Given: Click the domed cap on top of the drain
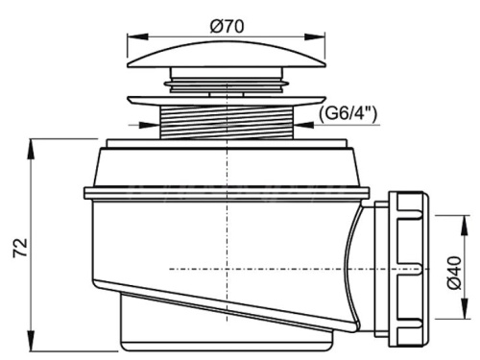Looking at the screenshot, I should click(226, 57).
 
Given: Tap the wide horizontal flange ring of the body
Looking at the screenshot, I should click(226, 193).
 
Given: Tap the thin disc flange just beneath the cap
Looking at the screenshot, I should click(226, 97).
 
